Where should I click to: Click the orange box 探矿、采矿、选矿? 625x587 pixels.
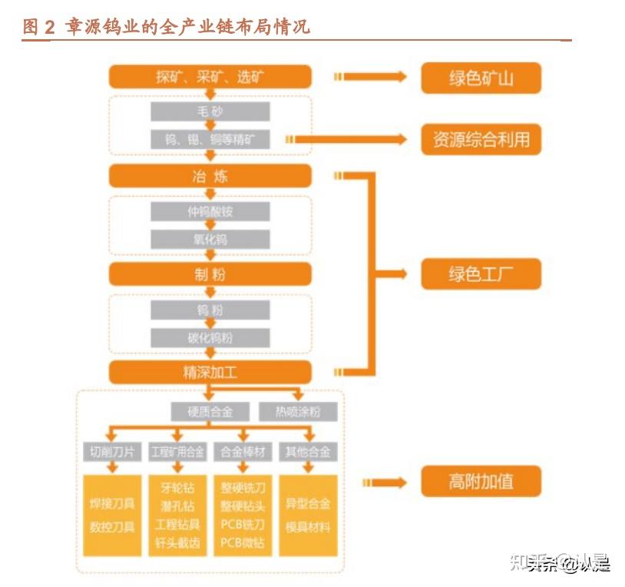coord(210,77)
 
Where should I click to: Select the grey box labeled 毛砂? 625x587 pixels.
coord(210,111)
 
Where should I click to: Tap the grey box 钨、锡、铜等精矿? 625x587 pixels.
coord(210,139)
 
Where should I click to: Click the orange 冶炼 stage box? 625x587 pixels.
coord(210,176)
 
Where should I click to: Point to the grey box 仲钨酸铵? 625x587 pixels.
coord(210,212)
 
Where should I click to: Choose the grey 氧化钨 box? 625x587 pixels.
coord(210,240)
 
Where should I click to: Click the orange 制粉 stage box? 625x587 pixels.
coord(210,274)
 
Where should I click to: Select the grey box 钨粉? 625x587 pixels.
coord(210,310)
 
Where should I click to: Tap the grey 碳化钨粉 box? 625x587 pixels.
coord(210,338)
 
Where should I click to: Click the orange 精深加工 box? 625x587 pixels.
coord(210,373)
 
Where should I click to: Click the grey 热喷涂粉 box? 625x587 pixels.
coord(297,412)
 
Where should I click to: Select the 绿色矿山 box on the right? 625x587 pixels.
coord(481,78)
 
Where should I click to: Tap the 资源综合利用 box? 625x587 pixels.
coord(481,140)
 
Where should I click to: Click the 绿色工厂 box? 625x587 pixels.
coord(481,274)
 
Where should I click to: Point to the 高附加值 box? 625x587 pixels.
coord(481,483)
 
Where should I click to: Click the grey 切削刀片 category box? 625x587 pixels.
coord(112,452)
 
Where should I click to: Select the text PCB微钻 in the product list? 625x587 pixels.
coord(243,543)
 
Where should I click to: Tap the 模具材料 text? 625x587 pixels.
coord(308,526)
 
